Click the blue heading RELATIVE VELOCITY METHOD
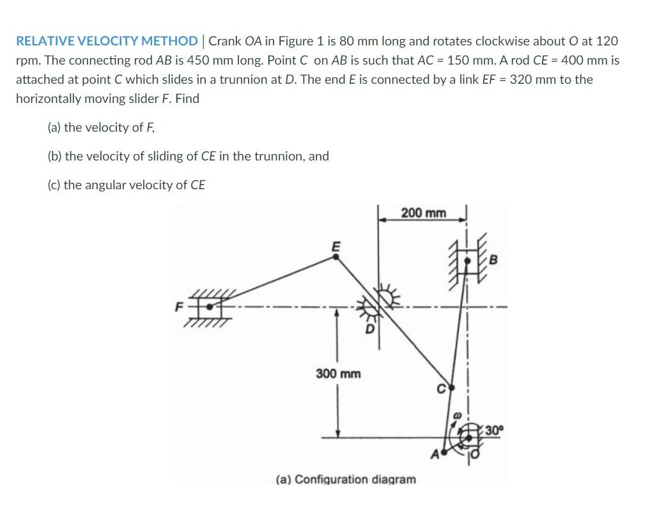[x=107, y=42]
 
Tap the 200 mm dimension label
[x=424, y=213]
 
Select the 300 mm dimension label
[x=338, y=373]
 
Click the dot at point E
[x=336, y=257]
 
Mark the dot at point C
[x=451, y=387]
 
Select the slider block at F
[x=208, y=307]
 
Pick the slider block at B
[x=468, y=261]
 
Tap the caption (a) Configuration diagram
[x=345, y=479]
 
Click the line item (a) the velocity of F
[x=101, y=127]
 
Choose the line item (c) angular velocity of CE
[x=126, y=185]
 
